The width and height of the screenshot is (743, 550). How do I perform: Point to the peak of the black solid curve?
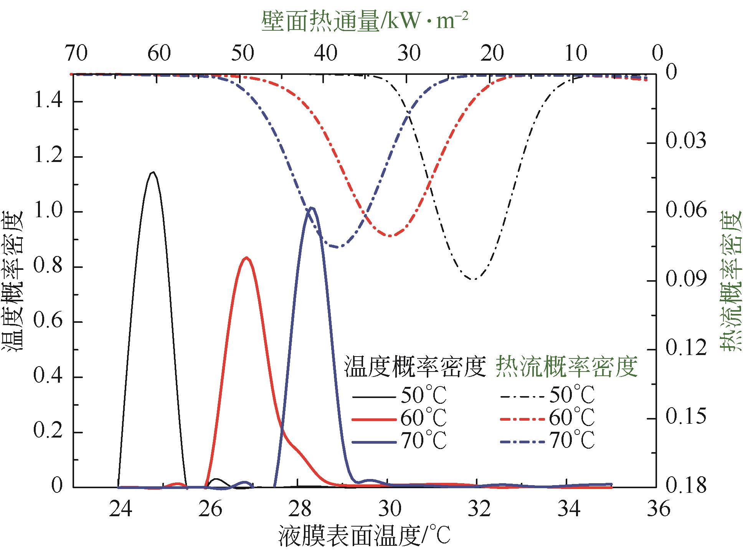coord(153,172)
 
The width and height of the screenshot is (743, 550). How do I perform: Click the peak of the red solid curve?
coord(246,258)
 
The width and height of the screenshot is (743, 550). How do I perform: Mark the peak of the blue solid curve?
coord(312,208)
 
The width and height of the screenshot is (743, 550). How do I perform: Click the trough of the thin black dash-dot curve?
coord(475,279)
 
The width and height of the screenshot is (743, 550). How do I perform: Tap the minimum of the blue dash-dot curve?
coord(338,247)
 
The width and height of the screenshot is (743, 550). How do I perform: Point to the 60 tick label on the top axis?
coord(159,54)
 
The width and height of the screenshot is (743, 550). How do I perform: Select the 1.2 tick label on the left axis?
coord(49,157)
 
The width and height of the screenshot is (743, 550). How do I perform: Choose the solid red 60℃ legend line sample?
coord(373,420)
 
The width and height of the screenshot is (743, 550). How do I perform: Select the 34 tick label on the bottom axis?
coord(568,509)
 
